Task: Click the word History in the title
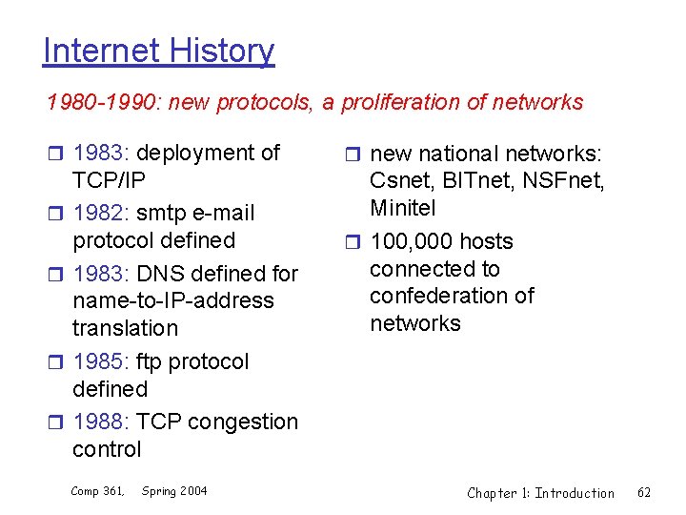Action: point(222,51)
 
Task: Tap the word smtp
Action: point(162,213)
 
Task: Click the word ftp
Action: point(151,361)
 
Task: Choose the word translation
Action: point(125,328)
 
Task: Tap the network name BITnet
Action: point(472,180)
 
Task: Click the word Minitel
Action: point(402,207)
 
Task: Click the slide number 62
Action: point(644,492)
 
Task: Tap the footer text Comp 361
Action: point(98,491)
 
